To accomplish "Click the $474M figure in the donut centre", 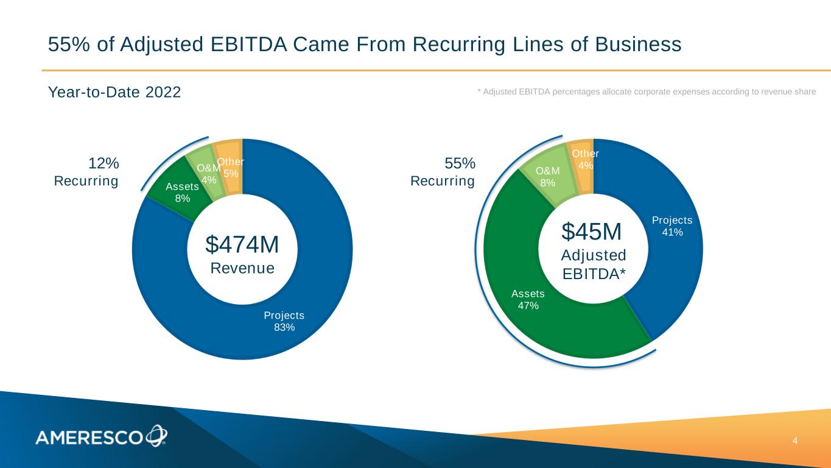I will point(242,244).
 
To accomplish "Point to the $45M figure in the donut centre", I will point(591,232).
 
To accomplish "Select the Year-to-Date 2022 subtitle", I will point(114,93).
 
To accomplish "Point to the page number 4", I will point(794,441).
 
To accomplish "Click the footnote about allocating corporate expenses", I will point(646,91).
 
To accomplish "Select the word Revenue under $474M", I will point(242,268).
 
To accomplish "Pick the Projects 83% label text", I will point(284,321).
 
